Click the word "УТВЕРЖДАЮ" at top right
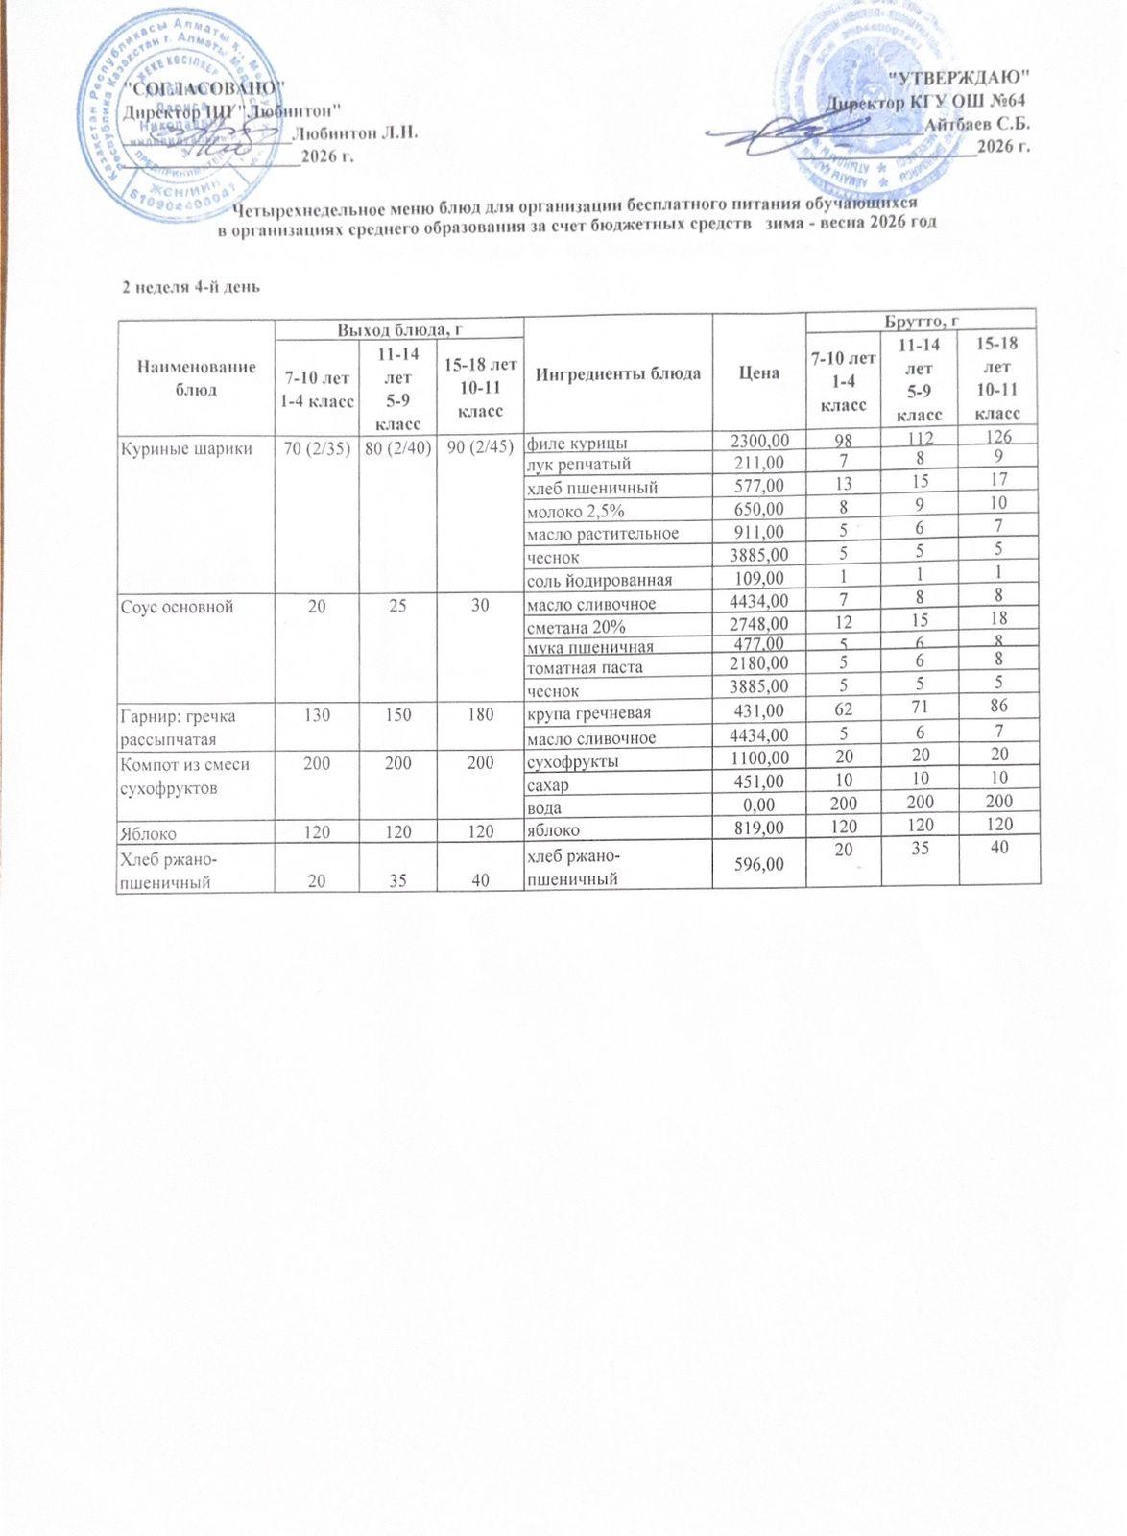point(960,75)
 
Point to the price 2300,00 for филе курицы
point(759,442)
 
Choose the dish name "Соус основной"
point(177,605)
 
